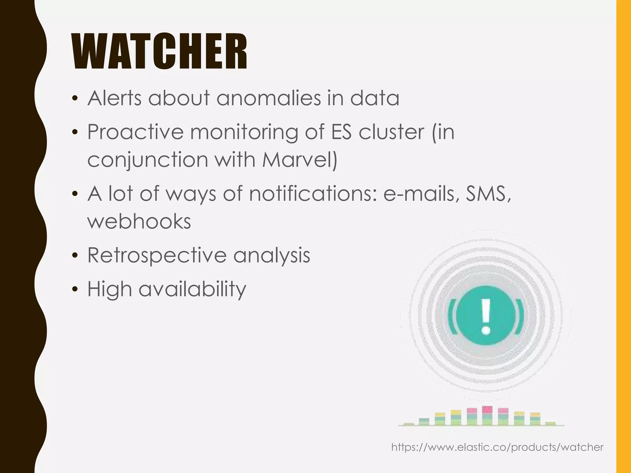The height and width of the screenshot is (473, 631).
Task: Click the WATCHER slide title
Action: [x=160, y=52]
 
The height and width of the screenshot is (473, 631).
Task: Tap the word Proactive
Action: [x=135, y=132]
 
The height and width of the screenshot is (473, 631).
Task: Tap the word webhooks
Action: [x=139, y=222]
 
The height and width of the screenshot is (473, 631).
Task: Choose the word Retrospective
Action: [x=157, y=256]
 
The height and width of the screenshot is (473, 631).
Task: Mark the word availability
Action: [x=192, y=289]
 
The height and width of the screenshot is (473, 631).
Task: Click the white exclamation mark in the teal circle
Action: [x=486, y=317]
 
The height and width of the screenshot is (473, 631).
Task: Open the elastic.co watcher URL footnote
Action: [x=497, y=447]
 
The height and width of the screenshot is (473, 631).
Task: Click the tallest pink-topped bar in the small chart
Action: [x=487, y=416]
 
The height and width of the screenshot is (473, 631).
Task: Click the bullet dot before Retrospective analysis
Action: [x=75, y=256]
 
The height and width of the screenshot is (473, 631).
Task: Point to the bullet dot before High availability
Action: [x=75, y=289]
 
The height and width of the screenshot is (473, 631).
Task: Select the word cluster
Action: [x=391, y=132]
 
